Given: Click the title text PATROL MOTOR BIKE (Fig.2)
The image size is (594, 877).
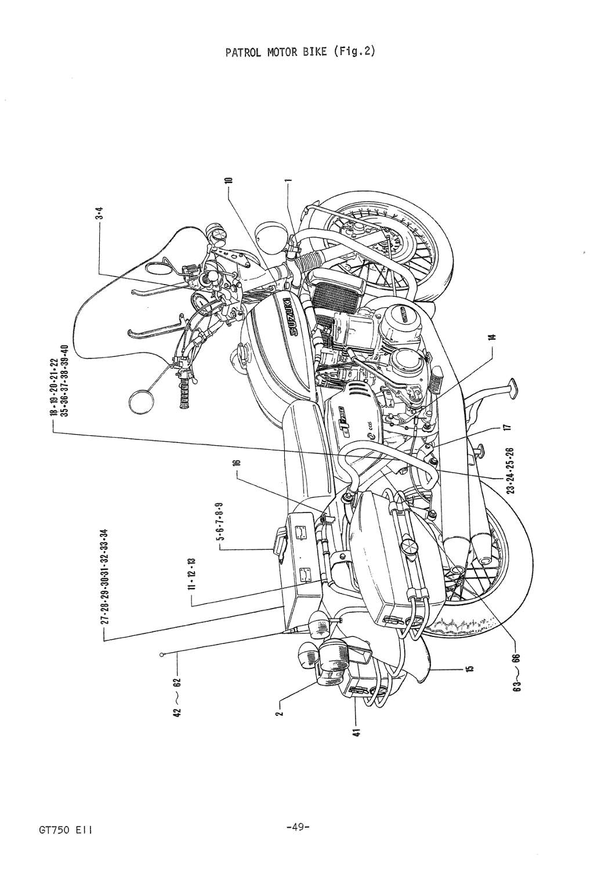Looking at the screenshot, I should coord(300,52).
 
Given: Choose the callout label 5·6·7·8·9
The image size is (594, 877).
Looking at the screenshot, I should coord(221,522).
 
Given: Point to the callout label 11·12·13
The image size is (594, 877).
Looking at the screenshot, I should coord(192,571).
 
